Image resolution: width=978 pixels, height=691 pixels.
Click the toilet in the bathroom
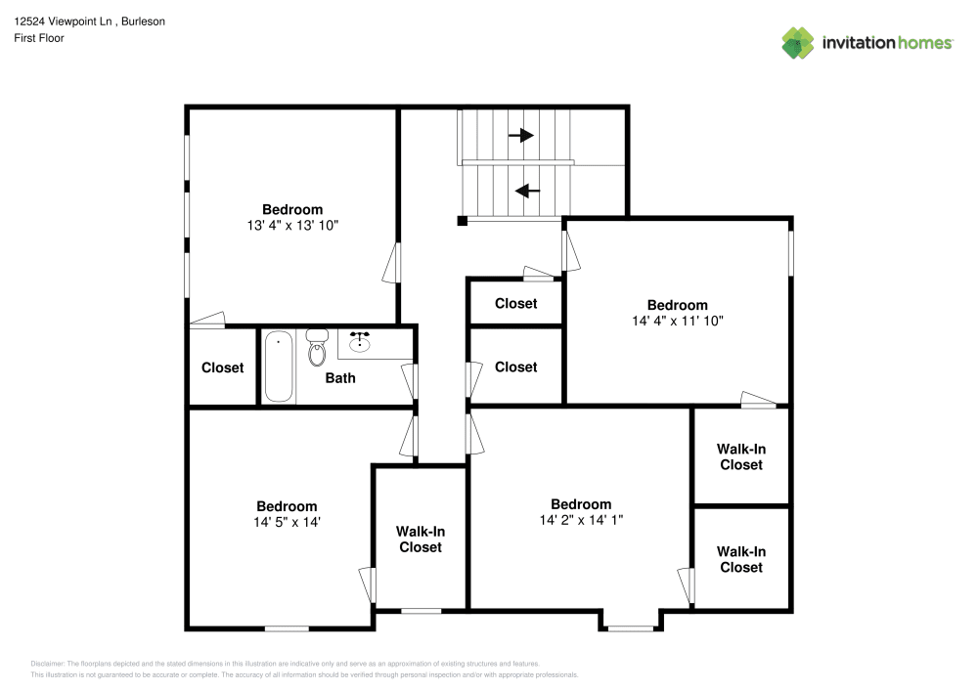point(316,349)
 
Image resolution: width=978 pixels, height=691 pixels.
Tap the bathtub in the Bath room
point(279,367)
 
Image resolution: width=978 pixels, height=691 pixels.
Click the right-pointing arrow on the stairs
point(520,136)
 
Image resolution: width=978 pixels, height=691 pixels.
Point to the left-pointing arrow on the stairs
point(527,192)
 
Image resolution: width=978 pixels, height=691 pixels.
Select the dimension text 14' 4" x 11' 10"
point(677,321)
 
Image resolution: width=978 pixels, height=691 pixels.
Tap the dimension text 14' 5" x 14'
point(287,522)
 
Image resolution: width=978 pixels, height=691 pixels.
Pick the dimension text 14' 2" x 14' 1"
point(580,521)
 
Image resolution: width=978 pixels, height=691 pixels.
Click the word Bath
point(340,378)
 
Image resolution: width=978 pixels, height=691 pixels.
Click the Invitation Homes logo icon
point(798,43)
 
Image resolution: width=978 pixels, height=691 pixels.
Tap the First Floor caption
point(39,38)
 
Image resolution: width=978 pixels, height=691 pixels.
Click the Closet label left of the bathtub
point(222,368)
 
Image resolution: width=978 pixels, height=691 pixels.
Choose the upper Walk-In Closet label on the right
point(740,456)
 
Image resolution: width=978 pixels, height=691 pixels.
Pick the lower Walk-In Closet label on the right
point(740,560)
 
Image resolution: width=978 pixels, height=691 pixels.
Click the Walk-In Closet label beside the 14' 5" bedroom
point(420,540)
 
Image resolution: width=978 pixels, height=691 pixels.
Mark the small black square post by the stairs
point(462,221)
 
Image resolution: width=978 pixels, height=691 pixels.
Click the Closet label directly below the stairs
point(515,304)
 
